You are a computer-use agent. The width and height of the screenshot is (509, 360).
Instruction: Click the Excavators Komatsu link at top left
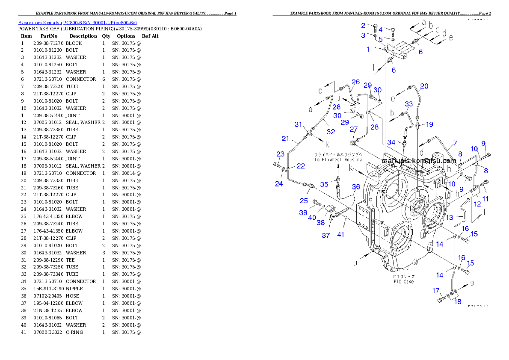(x=77, y=23)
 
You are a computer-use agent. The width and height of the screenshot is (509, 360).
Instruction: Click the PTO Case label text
(x=403, y=279)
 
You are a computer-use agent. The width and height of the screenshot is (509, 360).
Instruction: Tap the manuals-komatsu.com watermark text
(x=419, y=161)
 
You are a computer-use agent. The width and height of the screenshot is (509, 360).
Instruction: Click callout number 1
(x=367, y=49)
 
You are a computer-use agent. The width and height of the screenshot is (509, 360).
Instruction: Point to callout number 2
(x=363, y=26)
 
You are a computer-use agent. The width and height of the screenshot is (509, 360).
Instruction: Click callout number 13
(x=449, y=218)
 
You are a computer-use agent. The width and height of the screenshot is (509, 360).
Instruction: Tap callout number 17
(x=436, y=291)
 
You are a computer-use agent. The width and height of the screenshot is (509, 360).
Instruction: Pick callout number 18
(x=458, y=302)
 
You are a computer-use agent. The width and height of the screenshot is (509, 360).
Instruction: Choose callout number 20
(x=424, y=86)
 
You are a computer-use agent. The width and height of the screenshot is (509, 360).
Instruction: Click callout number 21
(x=286, y=139)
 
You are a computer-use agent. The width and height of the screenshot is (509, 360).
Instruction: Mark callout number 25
(x=304, y=201)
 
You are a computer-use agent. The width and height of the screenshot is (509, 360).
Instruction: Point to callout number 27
(x=354, y=130)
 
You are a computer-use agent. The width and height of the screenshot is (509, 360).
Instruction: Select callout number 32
(x=331, y=132)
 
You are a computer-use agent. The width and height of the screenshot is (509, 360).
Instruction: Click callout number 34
(x=391, y=142)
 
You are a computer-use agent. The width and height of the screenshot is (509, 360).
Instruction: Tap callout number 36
(x=356, y=187)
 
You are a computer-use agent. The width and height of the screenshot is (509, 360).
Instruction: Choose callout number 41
(x=340, y=234)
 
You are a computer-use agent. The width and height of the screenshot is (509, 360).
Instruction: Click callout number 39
(x=303, y=212)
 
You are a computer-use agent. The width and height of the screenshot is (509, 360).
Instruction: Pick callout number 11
(x=485, y=199)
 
